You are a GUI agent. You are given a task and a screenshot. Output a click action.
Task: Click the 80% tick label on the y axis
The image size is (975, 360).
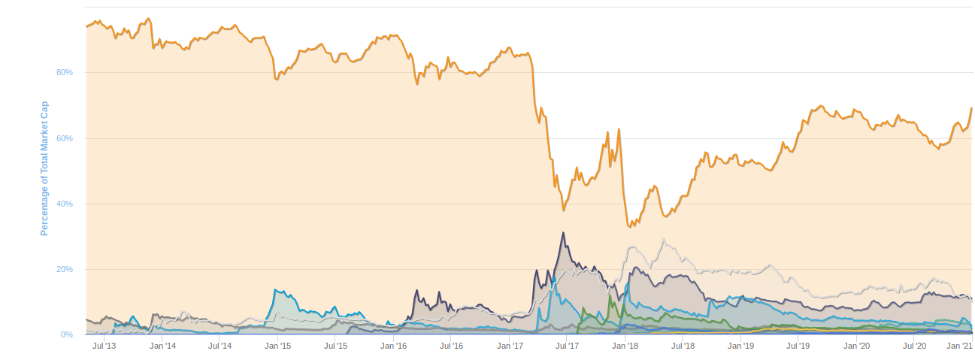point(65,73)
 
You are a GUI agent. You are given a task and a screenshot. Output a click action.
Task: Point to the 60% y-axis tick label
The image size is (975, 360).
point(65,139)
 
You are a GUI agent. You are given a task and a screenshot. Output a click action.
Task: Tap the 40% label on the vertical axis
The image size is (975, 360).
point(65,204)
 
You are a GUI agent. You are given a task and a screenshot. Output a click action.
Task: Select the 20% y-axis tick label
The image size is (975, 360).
point(65,270)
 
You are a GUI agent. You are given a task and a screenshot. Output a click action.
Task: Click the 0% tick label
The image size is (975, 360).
point(67,335)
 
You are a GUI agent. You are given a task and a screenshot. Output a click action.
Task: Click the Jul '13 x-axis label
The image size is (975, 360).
point(104,346)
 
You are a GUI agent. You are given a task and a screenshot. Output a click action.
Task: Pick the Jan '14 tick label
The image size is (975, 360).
point(162,346)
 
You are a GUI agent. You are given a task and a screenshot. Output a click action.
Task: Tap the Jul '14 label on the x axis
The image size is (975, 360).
point(220,346)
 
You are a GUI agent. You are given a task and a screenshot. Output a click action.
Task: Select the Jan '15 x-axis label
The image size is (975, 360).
point(278,346)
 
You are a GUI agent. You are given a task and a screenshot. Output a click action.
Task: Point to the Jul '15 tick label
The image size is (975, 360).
point(336,346)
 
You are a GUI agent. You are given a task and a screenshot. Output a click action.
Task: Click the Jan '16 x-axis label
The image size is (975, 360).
point(394,346)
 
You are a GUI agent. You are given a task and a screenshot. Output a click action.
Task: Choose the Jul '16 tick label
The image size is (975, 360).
point(452,346)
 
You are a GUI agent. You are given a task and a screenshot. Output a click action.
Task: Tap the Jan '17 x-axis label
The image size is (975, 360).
point(510,346)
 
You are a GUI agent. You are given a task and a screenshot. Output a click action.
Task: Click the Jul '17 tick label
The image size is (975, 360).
point(568,346)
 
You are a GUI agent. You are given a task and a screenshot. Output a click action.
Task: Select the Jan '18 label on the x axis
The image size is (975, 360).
point(625,346)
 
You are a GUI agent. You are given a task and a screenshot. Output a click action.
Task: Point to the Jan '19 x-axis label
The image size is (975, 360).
point(741,346)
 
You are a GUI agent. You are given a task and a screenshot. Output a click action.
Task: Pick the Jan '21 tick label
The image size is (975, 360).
point(959,346)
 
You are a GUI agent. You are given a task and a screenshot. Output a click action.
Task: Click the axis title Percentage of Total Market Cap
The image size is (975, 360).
point(44,168)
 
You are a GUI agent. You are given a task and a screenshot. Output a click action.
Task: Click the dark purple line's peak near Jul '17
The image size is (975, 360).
point(562,233)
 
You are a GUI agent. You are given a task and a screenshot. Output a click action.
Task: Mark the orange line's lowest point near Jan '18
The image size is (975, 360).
point(629,226)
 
